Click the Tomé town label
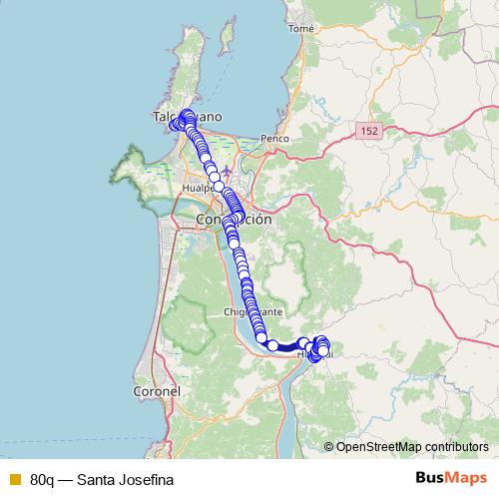pos(300,29)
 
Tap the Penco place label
pos(272,137)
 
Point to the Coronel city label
pos(156,392)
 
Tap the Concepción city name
pos(234,220)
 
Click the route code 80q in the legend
pos(43,480)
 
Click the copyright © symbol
pos(329,446)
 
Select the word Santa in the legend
pos(96,480)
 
